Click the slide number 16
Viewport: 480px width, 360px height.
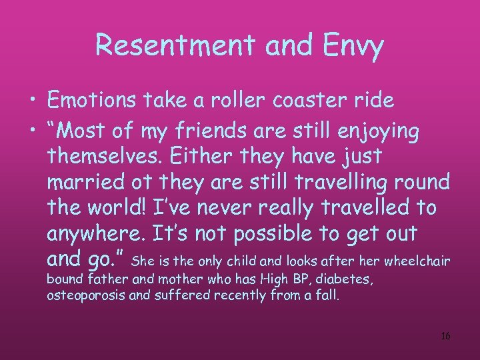445,336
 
